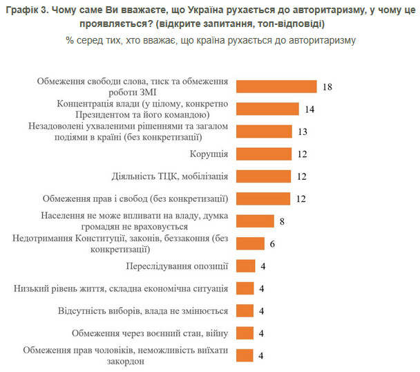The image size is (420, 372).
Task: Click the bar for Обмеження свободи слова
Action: (276, 86)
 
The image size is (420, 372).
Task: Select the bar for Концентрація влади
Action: (267, 109)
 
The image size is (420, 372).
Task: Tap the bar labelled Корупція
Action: (263, 154)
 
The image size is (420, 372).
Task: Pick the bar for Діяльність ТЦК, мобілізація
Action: (263, 176)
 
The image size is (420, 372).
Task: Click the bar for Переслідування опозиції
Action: (245, 266)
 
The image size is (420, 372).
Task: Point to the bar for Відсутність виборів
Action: (245, 310)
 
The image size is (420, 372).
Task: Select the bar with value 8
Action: (254, 221)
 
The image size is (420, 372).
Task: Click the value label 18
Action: (327, 86)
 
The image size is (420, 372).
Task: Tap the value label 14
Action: (309, 109)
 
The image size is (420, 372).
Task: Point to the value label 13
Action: (302, 131)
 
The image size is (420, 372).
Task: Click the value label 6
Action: (272, 243)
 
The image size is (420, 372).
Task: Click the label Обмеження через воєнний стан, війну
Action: (150, 333)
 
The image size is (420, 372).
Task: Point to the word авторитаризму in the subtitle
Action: (315, 40)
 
